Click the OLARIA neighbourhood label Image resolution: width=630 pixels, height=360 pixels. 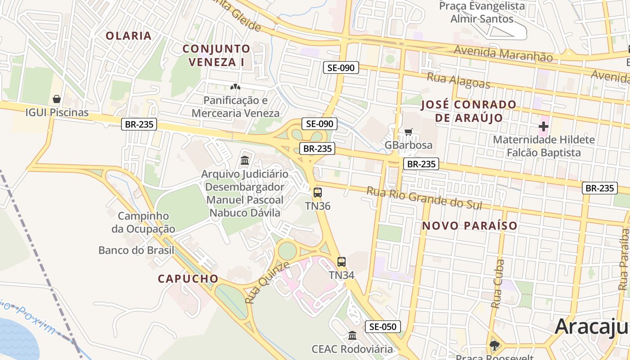coord(129,36)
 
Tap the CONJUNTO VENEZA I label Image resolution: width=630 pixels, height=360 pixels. coord(217,55)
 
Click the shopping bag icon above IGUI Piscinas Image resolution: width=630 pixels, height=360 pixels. coord(57,99)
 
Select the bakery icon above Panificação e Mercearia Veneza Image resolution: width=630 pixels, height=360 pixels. coord(235,86)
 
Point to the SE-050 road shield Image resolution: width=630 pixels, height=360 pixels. coord(382,327)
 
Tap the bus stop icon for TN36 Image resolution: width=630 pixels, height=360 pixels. coord(318,193)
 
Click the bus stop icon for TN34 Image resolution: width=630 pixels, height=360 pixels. coord(342,261)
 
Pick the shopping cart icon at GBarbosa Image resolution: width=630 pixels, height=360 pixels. coord(408,132)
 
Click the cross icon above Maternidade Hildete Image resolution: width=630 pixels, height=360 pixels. coord(544,126)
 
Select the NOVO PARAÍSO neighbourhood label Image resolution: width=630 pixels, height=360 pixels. coord(470,225)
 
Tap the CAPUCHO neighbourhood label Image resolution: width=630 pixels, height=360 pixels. coord(188,279)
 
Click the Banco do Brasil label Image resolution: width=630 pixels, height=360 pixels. coord(136,250)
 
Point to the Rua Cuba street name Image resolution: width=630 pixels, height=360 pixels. coord(498,284)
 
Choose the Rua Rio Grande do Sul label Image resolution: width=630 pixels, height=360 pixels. coord(424,198)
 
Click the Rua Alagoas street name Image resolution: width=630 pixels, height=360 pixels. coord(458,80)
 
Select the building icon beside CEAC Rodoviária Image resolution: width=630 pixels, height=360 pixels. coord(352,335)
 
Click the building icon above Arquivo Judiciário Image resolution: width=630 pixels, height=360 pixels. coord(245,160)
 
